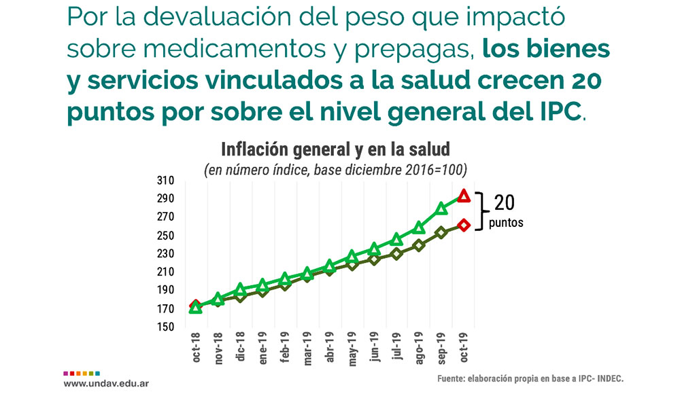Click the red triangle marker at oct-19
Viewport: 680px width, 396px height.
464,196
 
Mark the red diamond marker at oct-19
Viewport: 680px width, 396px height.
464,226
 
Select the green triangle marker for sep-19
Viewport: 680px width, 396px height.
441,208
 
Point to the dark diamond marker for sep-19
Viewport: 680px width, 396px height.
441,232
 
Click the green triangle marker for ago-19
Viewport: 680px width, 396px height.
419,227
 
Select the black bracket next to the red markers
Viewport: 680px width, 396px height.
481,211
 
